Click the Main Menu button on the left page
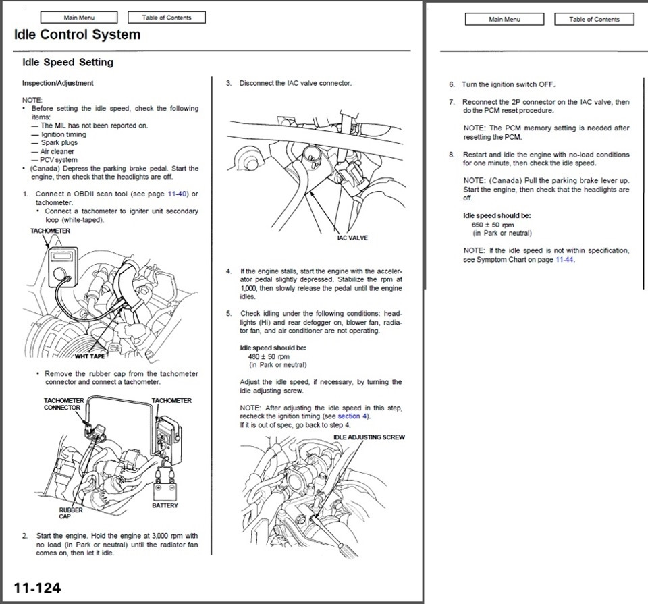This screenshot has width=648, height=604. click(x=78, y=18)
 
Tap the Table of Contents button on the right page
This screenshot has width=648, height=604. click(x=594, y=19)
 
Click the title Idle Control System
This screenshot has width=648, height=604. click(x=77, y=35)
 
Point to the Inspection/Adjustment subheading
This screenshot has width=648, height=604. click(x=58, y=84)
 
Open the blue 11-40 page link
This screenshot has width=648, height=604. click(x=179, y=194)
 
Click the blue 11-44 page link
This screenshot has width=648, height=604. click(x=564, y=260)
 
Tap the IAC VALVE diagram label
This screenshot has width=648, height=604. click(x=352, y=238)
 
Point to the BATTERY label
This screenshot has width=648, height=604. click(x=165, y=505)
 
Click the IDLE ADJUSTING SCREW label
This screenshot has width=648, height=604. click(x=369, y=437)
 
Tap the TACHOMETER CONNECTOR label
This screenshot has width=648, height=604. click(x=63, y=404)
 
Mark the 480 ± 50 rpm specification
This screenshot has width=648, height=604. click(x=269, y=356)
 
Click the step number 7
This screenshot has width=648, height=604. click(x=452, y=102)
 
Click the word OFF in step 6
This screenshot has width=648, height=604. click(x=546, y=85)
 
